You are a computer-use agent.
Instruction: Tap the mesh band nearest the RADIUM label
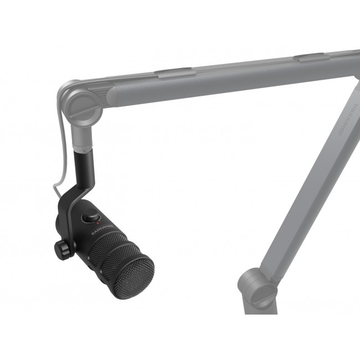tap(105, 244)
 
